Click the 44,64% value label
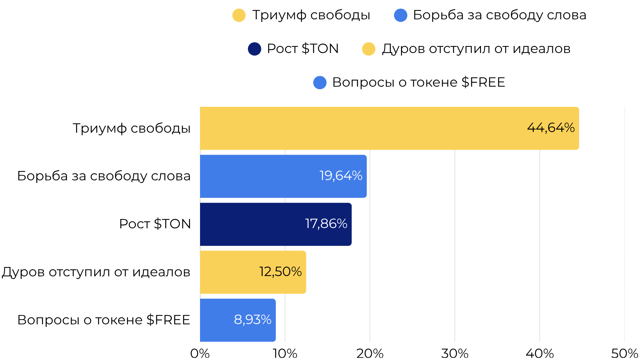click(551, 128)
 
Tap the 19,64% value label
click(341, 176)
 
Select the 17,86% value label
click(326, 224)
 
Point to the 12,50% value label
click(280, 272)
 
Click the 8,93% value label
click(252, 320)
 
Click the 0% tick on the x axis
click(200, 353)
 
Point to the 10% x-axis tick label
click(285, 353)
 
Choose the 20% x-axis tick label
click(370, 353)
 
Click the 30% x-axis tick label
click(455, 353)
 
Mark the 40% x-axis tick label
click(540, 353)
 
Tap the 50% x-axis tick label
click(624, 353)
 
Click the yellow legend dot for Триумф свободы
click(239, 15)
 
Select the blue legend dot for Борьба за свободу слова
click(400, 15)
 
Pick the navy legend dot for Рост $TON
click(254, 49)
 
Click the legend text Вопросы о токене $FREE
click(419, 82)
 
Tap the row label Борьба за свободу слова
click(104, 176)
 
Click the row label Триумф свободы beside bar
click(131, 128)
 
